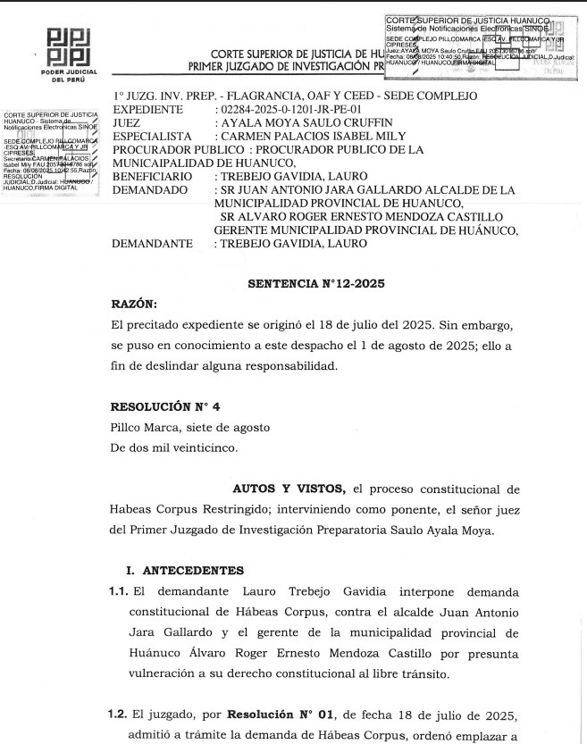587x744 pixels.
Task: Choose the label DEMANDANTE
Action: (x=152, y=243)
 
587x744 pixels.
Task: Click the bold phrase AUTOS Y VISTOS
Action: (x=289, y=489)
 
